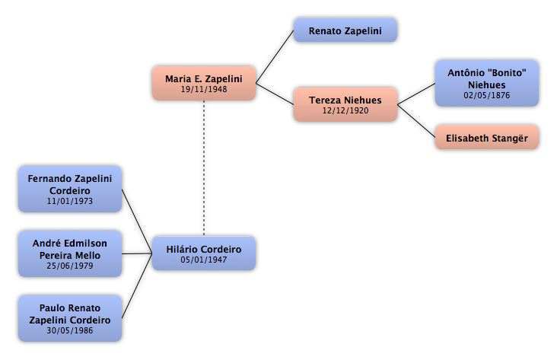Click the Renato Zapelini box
tap(345, 30)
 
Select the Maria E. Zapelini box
tap(204, 83)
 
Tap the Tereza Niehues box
tap(345, 104)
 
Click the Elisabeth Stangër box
tap(487, 137)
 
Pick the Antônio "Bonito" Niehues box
tap(487, 83)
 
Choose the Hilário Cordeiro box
tap(204, 253)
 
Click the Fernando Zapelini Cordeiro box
tap(70, 189)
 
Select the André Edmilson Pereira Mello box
tap(70, 253)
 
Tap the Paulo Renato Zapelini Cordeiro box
tap(70, 318)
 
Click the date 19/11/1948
tap(204, 89)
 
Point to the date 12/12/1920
tap(345, 110)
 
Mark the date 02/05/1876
tap(487, 95)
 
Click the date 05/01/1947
tap(203, 260)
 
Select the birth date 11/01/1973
tap(70, 201)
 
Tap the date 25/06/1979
tap(70, 266)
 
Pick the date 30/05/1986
tap(70, 330)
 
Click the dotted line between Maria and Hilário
tap(204, 168)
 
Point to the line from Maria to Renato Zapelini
tap(275, 57)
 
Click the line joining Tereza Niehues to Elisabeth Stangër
tap(416, 121)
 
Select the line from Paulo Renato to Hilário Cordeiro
tap(137, 285)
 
